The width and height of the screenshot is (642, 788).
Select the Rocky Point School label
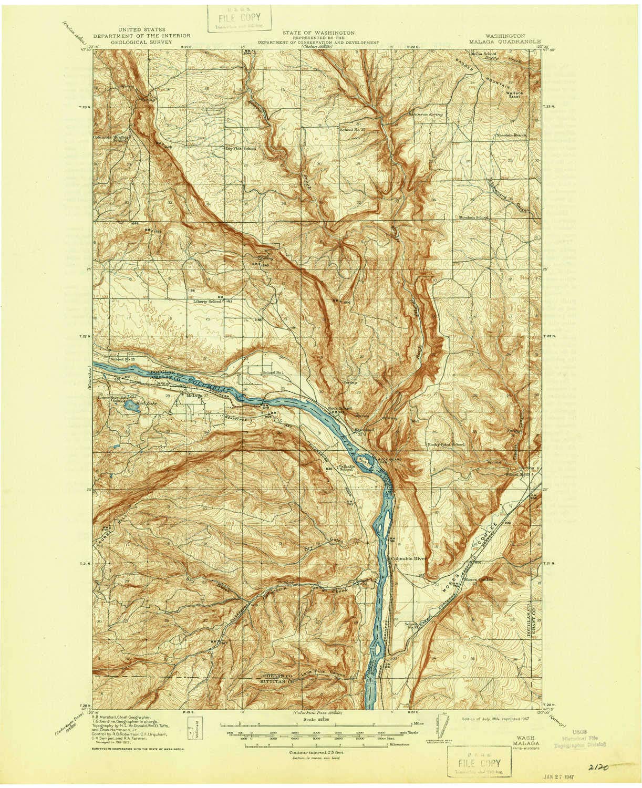446,445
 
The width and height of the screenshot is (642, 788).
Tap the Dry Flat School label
241,148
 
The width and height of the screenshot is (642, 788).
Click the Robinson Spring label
426,113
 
